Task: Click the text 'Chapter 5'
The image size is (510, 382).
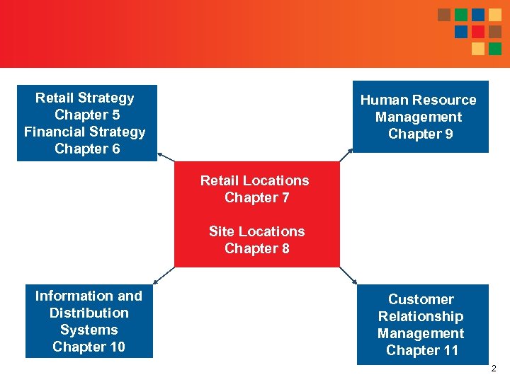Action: (x=87, y=115)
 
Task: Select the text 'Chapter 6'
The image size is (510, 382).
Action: (x=87, y=149)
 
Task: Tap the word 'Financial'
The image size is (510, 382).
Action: (x=54, y=132)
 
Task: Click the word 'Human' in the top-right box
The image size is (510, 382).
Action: (x=383, y=100)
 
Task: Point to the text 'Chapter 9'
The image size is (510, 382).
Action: (x=420, y=134)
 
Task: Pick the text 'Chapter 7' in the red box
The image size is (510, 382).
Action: (x=256, y=197)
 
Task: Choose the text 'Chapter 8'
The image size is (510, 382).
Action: (x=256, y=248)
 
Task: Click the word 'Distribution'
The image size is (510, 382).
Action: (x=89, y=313)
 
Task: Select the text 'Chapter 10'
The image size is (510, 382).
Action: (x=89, y=347)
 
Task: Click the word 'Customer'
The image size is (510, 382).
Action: (x=421, y=299)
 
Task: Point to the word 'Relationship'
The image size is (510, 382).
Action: (x=421, y=316)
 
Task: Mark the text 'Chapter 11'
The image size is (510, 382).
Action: (x=422, y=350)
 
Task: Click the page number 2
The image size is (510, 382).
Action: (x=494, y=369)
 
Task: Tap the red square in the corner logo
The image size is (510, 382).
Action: (x=478, y=32)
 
